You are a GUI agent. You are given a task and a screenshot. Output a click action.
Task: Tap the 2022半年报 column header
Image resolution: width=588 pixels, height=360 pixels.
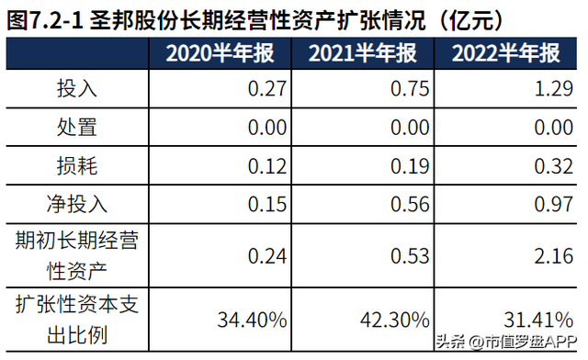506,53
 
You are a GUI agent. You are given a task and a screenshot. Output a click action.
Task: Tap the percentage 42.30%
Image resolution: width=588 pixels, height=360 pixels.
392,320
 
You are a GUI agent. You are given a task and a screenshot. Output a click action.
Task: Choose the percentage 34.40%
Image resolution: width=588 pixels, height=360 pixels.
253,320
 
